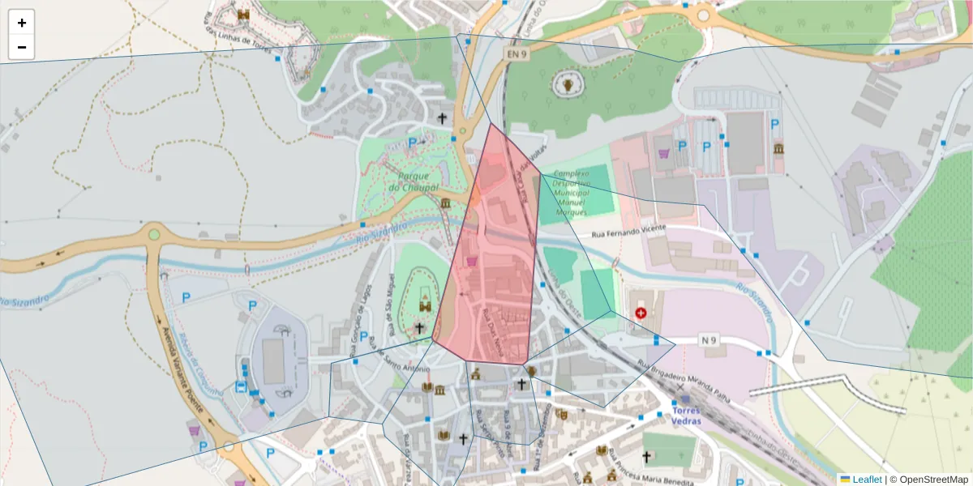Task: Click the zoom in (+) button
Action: click(21, 23)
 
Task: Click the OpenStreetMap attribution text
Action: click(928, 479)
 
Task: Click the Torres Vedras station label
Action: click(686, 416)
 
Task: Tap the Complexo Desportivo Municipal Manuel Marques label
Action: click(572, 193)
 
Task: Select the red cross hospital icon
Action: click(641, 312)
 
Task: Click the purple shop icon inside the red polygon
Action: click(471, 261)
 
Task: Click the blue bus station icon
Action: click(241, 386)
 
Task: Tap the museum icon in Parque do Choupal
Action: click(445, 202)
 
